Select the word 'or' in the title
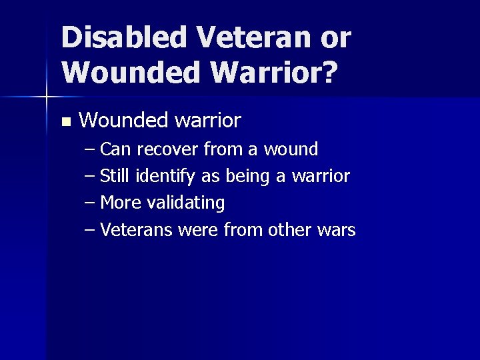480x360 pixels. click(335, 37)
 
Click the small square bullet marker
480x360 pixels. click(65, 122)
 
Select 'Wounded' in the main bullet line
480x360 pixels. click(123, 121)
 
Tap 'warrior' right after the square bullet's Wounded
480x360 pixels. click(207, 121)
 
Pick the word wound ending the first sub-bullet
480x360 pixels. click(291, 149)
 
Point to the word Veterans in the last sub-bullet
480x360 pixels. click(135, 230)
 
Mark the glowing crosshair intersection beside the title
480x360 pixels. click(46, 97)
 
